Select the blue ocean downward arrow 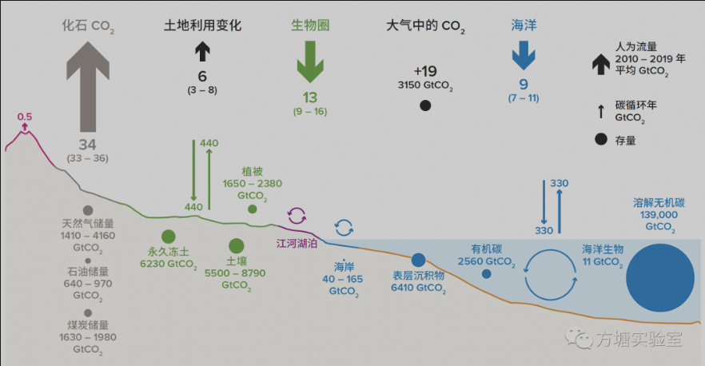tap(524, 55)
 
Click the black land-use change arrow tap(202, 51)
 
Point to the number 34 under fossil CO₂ tap(88, 144)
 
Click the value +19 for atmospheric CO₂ tap(426, 69)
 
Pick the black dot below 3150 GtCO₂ tap(425, 105)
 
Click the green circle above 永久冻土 tap(168, 237)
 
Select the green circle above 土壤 tap(236, 246)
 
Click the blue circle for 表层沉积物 tap(418, 260)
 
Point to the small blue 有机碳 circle tap(486, 274)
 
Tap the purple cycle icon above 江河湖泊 tap(297, 215)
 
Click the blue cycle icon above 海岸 tap(345, 228)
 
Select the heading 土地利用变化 tap(202, 26)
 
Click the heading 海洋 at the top tap(524, 26)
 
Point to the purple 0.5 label tap(25, 117)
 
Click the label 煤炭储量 tap(88, 325)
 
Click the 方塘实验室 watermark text tap(640, 339)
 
